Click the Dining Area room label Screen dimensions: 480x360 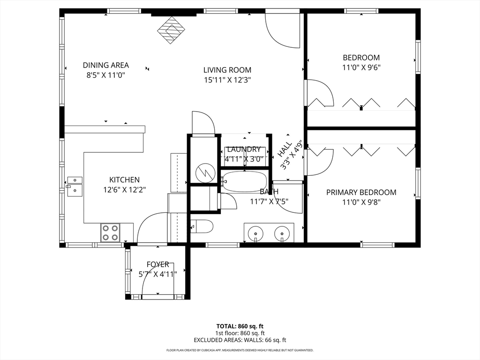click(x=106, y=65)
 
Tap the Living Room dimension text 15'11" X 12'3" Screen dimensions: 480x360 click(x=227, y=80)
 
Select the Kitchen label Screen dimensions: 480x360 click(x=125, y=180)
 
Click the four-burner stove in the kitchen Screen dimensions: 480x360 click(x=111, y=233)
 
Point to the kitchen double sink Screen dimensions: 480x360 click(x=75, y=186)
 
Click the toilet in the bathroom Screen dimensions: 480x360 click(x=202, y=226)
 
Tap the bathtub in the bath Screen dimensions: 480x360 click(x=245, y=181)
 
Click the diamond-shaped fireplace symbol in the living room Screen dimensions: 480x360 click(x=171, y=30)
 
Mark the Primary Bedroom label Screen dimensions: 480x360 click(x=361, y=193)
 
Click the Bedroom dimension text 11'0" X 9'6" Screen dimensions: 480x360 click(x=361, y=67)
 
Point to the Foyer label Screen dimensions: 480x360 click(x=157, y=264)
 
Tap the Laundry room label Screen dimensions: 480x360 click(x=244, y=150)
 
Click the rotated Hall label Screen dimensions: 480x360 click(x=285, y=149)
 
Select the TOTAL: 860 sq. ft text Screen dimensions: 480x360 click(x=240, y=326)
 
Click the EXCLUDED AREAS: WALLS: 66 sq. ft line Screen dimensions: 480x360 click(x=240, y=340)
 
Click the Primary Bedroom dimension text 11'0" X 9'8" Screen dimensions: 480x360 click(x=361, y=202)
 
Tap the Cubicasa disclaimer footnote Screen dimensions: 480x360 click(x=240, y=350)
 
